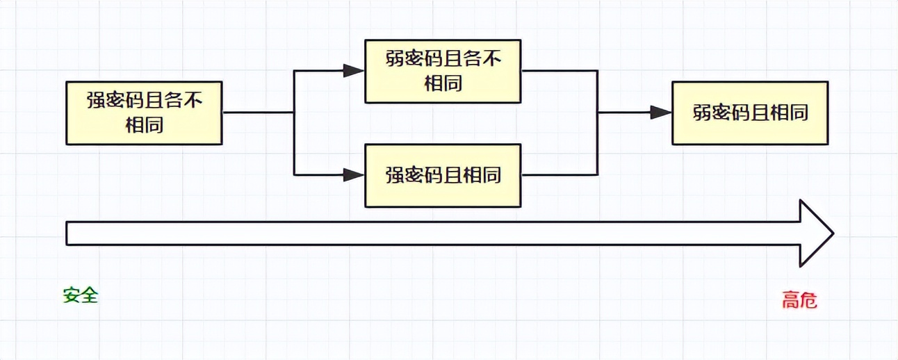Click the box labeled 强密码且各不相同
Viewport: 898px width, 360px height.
click(x=144, y=113)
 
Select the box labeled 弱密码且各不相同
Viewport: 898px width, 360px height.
click(x=443, y=71)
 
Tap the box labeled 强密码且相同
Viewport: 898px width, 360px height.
click(x=443, y=175)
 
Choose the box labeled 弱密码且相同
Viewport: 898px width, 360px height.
click(x=750, y=113)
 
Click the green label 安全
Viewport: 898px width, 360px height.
click(x=81, y=295)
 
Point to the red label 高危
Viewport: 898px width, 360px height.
click(x=799, y=300)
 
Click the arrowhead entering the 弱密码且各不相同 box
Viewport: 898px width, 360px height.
click(x=354, y=70)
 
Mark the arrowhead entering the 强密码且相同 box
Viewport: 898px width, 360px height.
click(x=354, y=175)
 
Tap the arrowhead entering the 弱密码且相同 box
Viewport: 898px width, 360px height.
click(x=661, y=113)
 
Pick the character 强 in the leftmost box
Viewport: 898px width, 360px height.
click(x=97, y=101)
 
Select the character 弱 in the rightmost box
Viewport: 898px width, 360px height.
click(x=702, y=113)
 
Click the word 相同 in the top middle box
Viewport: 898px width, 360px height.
click(x=443, y=83)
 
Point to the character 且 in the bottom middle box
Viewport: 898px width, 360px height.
click(x=453, y=175)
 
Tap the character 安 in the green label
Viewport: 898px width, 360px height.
click(x=72, y=295)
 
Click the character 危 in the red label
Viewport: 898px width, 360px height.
click(x=808, y=300)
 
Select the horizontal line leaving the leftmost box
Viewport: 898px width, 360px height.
click(x=257, y=113)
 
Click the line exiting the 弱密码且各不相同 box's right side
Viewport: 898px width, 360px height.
click(x=560, y=70)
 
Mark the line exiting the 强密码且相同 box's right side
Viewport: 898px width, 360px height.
click(x=560, y=175)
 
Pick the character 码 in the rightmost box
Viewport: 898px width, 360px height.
click(x=740, y=113)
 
